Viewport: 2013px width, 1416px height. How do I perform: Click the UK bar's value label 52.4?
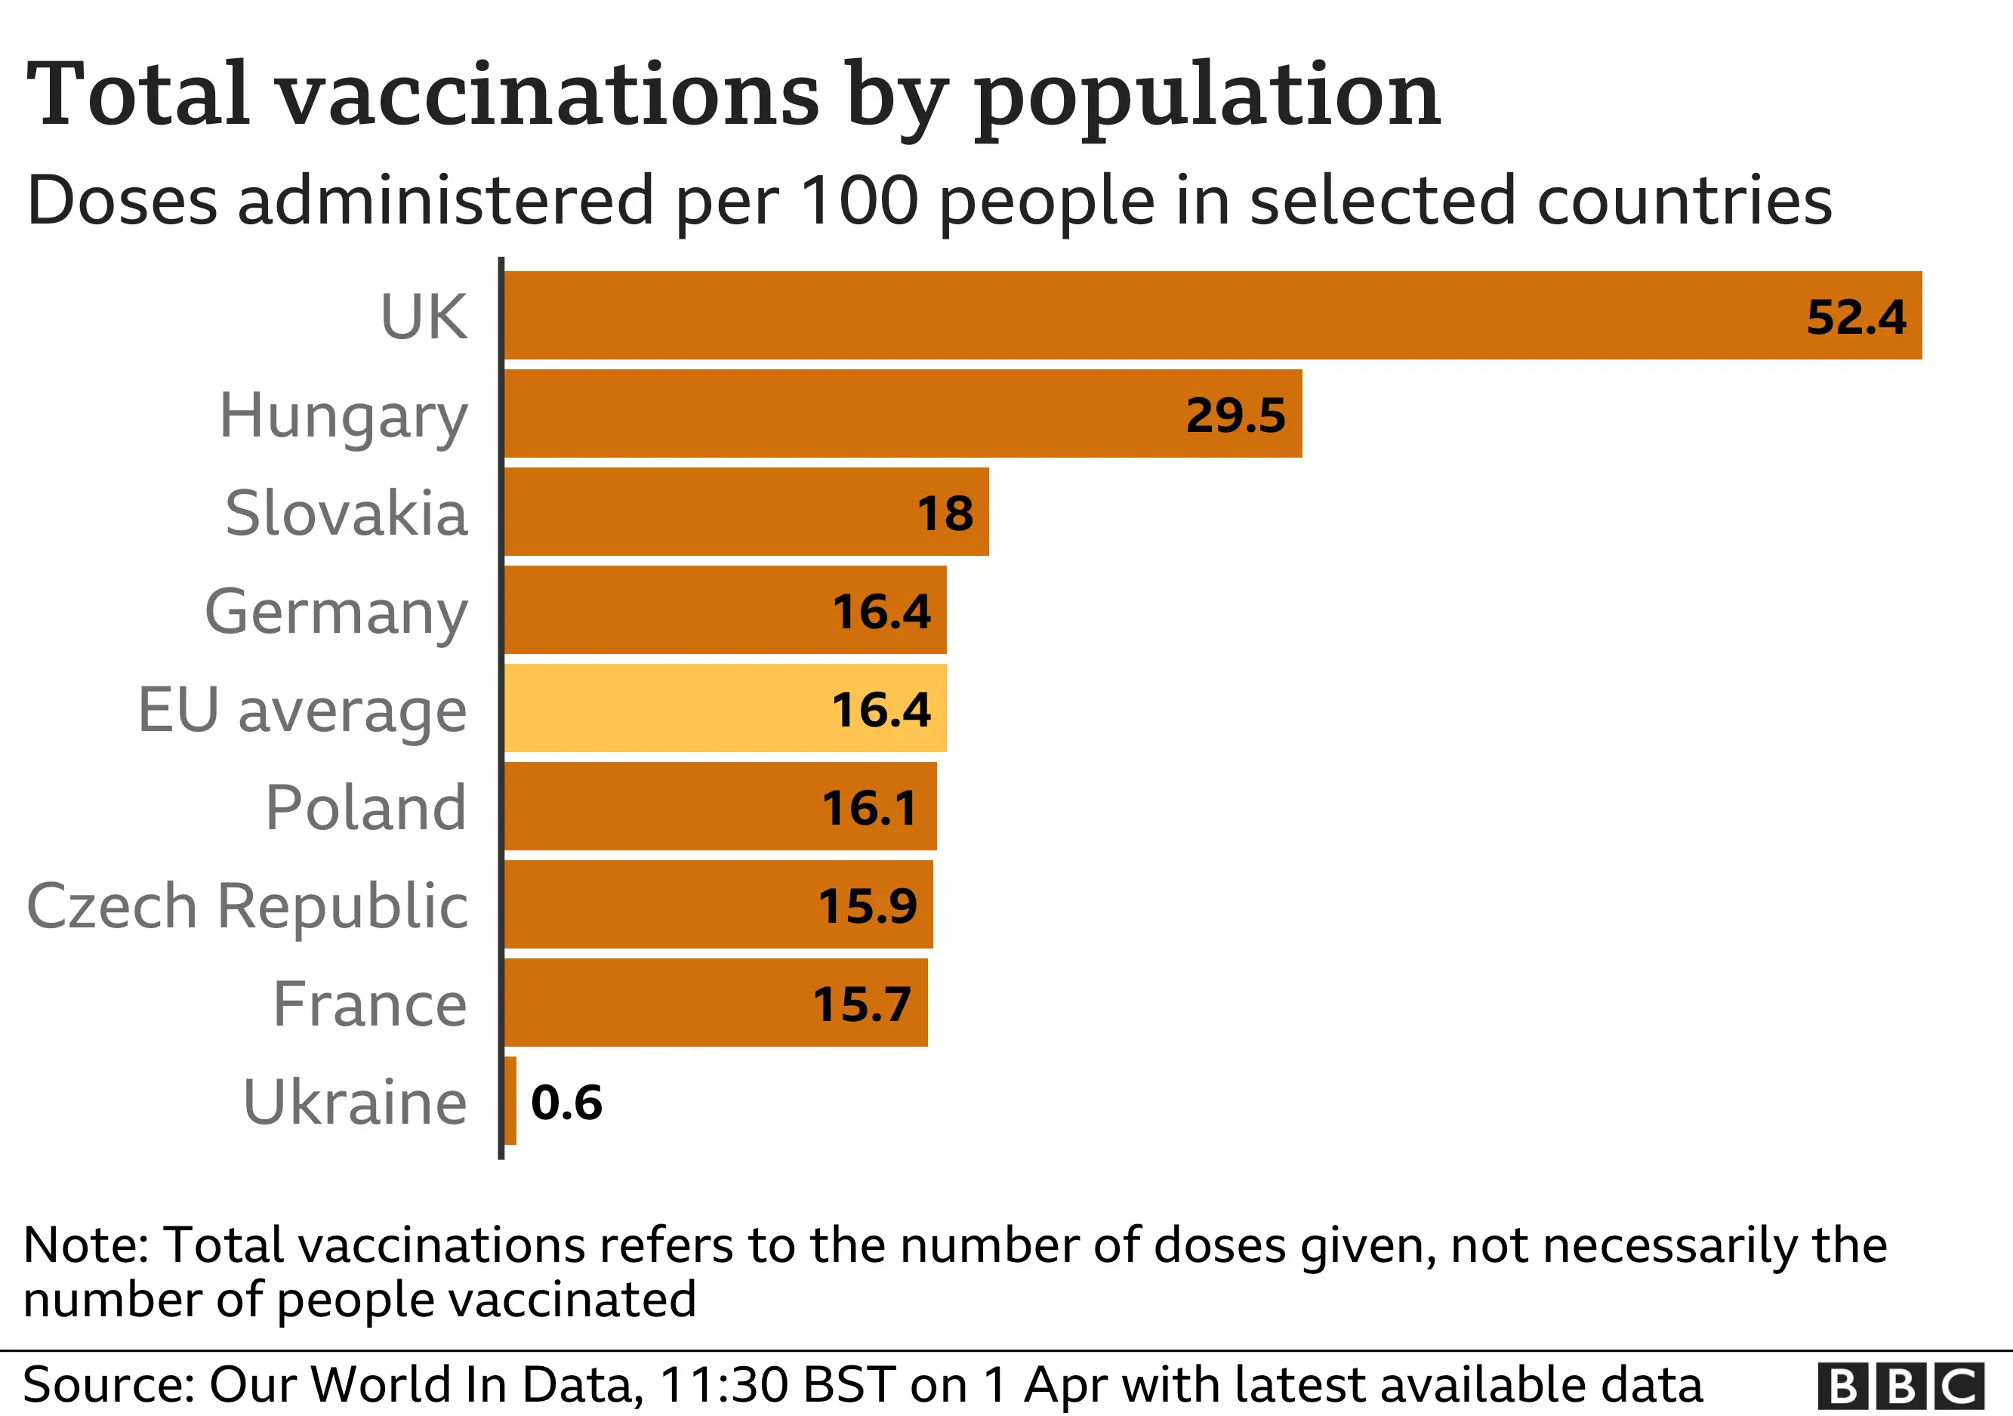[x=1855, y=316]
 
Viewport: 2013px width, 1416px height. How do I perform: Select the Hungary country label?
[x=343, y=416]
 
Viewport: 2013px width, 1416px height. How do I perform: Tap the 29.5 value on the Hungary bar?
[x=1235, y=415]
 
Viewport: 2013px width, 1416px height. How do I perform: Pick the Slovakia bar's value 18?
[x=945, y=513]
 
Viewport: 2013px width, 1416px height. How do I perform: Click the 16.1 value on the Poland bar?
[x=869, y=807]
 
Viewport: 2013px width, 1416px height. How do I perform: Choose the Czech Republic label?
[x=247, y=905]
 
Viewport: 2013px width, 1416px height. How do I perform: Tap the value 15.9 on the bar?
[x=867, y=905]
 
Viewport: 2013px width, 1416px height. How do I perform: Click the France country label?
[x=369, y=1004]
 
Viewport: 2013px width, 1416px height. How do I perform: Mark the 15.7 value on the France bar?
[x=862, y=1004]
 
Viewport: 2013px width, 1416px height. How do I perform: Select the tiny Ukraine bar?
[x=510, y=1101]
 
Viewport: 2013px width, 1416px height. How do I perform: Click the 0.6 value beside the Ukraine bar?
[x=566, y=1102]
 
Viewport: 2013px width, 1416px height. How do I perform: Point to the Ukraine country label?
[x=354, y=1102]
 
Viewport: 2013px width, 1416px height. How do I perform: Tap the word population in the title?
[x=1207, y=94]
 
